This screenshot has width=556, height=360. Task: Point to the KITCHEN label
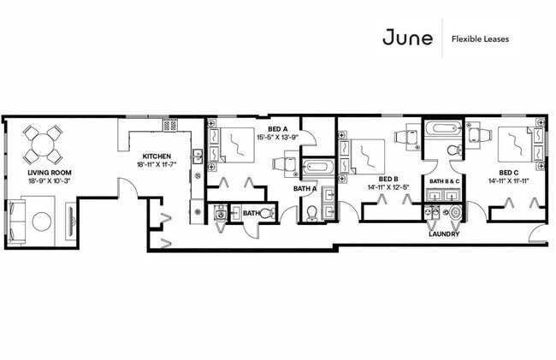tap(159, 156)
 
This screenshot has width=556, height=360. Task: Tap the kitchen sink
tap(197, 156)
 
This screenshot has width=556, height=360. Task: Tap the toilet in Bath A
tap(311, 214)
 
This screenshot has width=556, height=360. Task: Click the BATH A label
tap(305, 188)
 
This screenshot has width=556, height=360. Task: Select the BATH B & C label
tap(445, 182)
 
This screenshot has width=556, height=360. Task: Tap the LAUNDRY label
tap(444, 233)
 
